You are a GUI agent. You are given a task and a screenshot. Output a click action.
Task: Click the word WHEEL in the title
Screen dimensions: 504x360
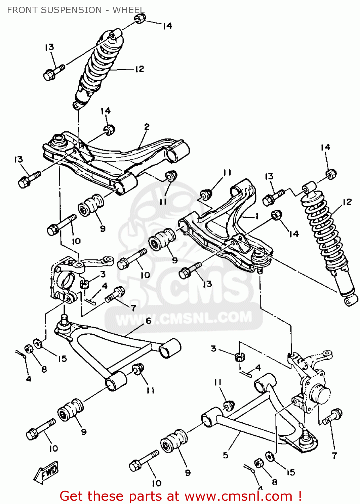click(128, 10)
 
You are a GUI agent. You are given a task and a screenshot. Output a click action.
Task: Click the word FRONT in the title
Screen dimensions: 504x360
click(21, 10)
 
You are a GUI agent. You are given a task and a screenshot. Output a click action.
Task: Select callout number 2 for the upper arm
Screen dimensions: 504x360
click(147, 127)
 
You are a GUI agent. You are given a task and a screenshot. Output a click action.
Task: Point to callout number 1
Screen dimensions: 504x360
click(257, 216)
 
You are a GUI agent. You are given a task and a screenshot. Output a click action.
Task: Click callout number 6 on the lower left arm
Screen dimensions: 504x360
click(148, 321)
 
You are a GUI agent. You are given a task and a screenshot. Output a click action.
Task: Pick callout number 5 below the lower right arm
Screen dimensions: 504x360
click(226, 455)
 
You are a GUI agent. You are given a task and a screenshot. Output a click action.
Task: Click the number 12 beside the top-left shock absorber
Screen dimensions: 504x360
click(139, 69)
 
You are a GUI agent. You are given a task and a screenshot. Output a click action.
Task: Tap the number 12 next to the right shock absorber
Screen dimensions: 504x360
click(347, 202)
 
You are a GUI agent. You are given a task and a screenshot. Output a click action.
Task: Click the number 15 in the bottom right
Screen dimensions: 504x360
click(291, 472)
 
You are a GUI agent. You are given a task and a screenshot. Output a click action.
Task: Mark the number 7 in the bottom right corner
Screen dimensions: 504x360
click(334, 456)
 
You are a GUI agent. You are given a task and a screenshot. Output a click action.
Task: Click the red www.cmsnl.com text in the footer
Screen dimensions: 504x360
click(239, 496)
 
